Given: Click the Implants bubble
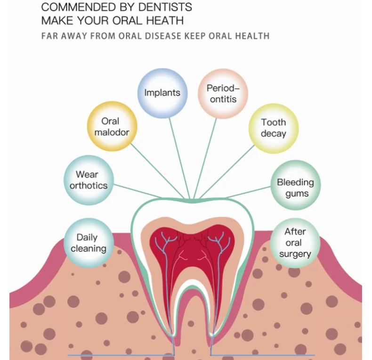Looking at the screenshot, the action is pyautogui.click(x=162, y=92).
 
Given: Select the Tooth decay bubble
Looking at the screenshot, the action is pyautogui.click(x=274, y=128).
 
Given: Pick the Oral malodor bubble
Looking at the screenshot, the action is pyautogui.click(x=112, y=126).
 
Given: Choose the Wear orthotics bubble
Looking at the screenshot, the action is pyautogui.click(x=88, y=180).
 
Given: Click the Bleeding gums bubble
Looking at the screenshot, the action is pyautogui.click(x=295, y=187).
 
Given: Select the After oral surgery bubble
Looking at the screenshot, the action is pyautogui.click(x=295, y=243).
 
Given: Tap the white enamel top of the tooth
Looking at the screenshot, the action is pyautogui.click(x=188, y=210).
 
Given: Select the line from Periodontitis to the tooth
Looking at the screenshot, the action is pyautogui.click(x=206, y=155).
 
